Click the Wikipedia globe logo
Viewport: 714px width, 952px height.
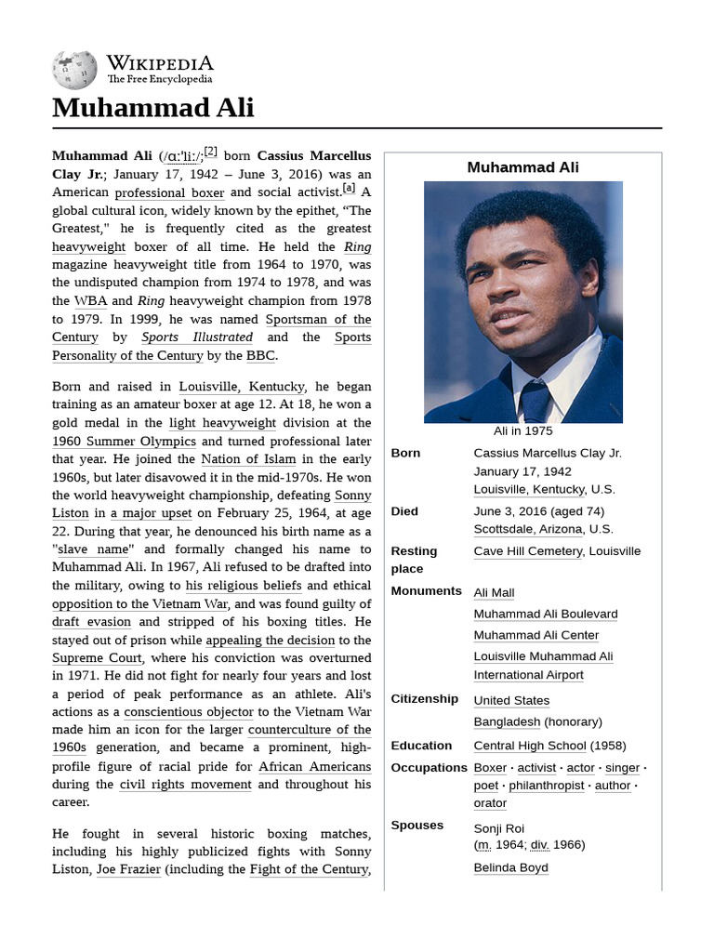[x=74, y=69]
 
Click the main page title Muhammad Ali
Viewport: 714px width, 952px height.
[x=152, y=108]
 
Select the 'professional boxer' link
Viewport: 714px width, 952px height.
[x=169, y=193]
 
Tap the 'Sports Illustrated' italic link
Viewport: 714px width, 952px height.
[x=196, y=337]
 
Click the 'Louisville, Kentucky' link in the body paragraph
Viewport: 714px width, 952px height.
[x=242, y=387]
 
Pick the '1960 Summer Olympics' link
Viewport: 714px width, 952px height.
[x=124, y=442]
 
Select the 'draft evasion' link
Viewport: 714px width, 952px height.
[x=91, y=622]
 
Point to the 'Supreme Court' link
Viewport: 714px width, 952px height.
[x=97, y=658]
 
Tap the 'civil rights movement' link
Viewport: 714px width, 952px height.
[x=186, y=785]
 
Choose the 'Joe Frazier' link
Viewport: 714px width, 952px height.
[x=128, y=870]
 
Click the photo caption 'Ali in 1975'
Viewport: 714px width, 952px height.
[x=522, y=431]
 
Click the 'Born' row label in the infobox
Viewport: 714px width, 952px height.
[x=405, y=454]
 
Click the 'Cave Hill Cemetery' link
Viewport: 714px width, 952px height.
[x=527, y=551]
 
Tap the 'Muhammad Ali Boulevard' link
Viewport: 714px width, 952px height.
[x=545, y=615]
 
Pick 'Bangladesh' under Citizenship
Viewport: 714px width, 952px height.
[x=507, y=722]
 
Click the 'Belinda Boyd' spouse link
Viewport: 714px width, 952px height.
[x=510, y=868]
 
